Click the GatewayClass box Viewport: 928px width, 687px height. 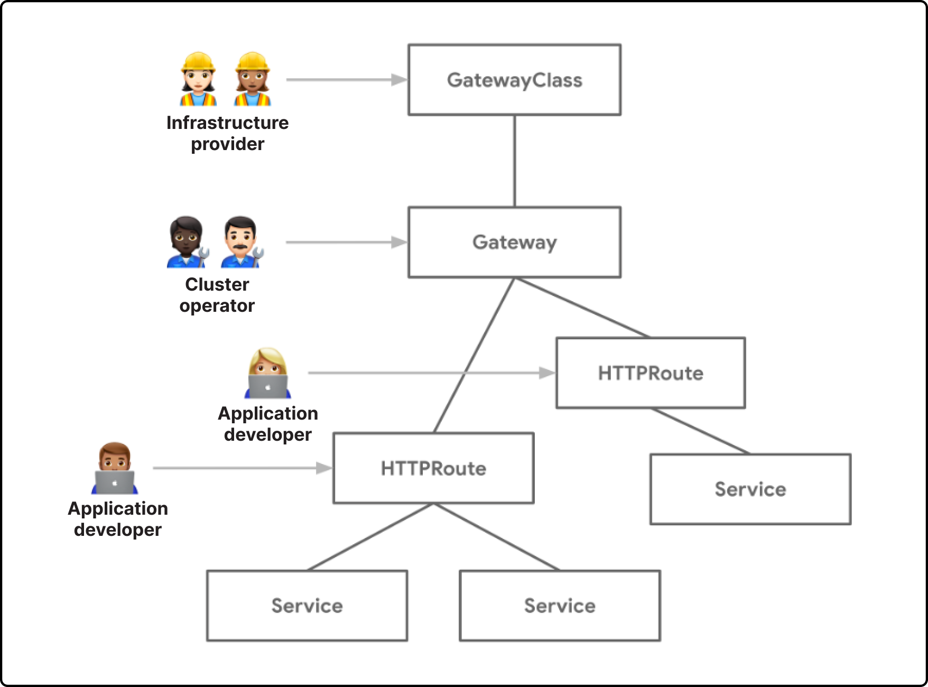click(x=514, y=80)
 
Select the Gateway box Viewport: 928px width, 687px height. click(x=514, y=242)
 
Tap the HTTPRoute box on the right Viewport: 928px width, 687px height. click(x=651, y=373)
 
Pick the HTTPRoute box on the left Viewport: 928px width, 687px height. click(x=433, y=468)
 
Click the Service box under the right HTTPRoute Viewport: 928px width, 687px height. click(x=750, y=489)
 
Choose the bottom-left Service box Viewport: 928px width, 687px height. click(x=307, y=606)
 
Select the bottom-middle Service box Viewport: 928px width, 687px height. click(x=560, y=606)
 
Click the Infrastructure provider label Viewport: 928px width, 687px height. click(x=227, y=133)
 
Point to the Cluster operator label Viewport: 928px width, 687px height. click(x=217, y=295)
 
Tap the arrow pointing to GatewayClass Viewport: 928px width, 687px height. click(x=346, y=80)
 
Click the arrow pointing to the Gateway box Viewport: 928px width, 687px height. click(x=346, y=243)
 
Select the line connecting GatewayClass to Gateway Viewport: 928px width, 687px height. click(x=515, y=161)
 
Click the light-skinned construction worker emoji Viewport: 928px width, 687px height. click(x=198, y=79)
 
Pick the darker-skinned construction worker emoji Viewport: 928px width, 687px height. click(x=253, y=79)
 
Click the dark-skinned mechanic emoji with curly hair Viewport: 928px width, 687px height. click(x=188, y=242)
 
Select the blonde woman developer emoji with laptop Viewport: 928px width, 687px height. click(x=268, y=373)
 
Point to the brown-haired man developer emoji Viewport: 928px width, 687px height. click(x=114, y=468)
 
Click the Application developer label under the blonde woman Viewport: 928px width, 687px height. click(x=268, y=424)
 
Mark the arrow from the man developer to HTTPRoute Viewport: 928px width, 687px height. click(x=242, y=468)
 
